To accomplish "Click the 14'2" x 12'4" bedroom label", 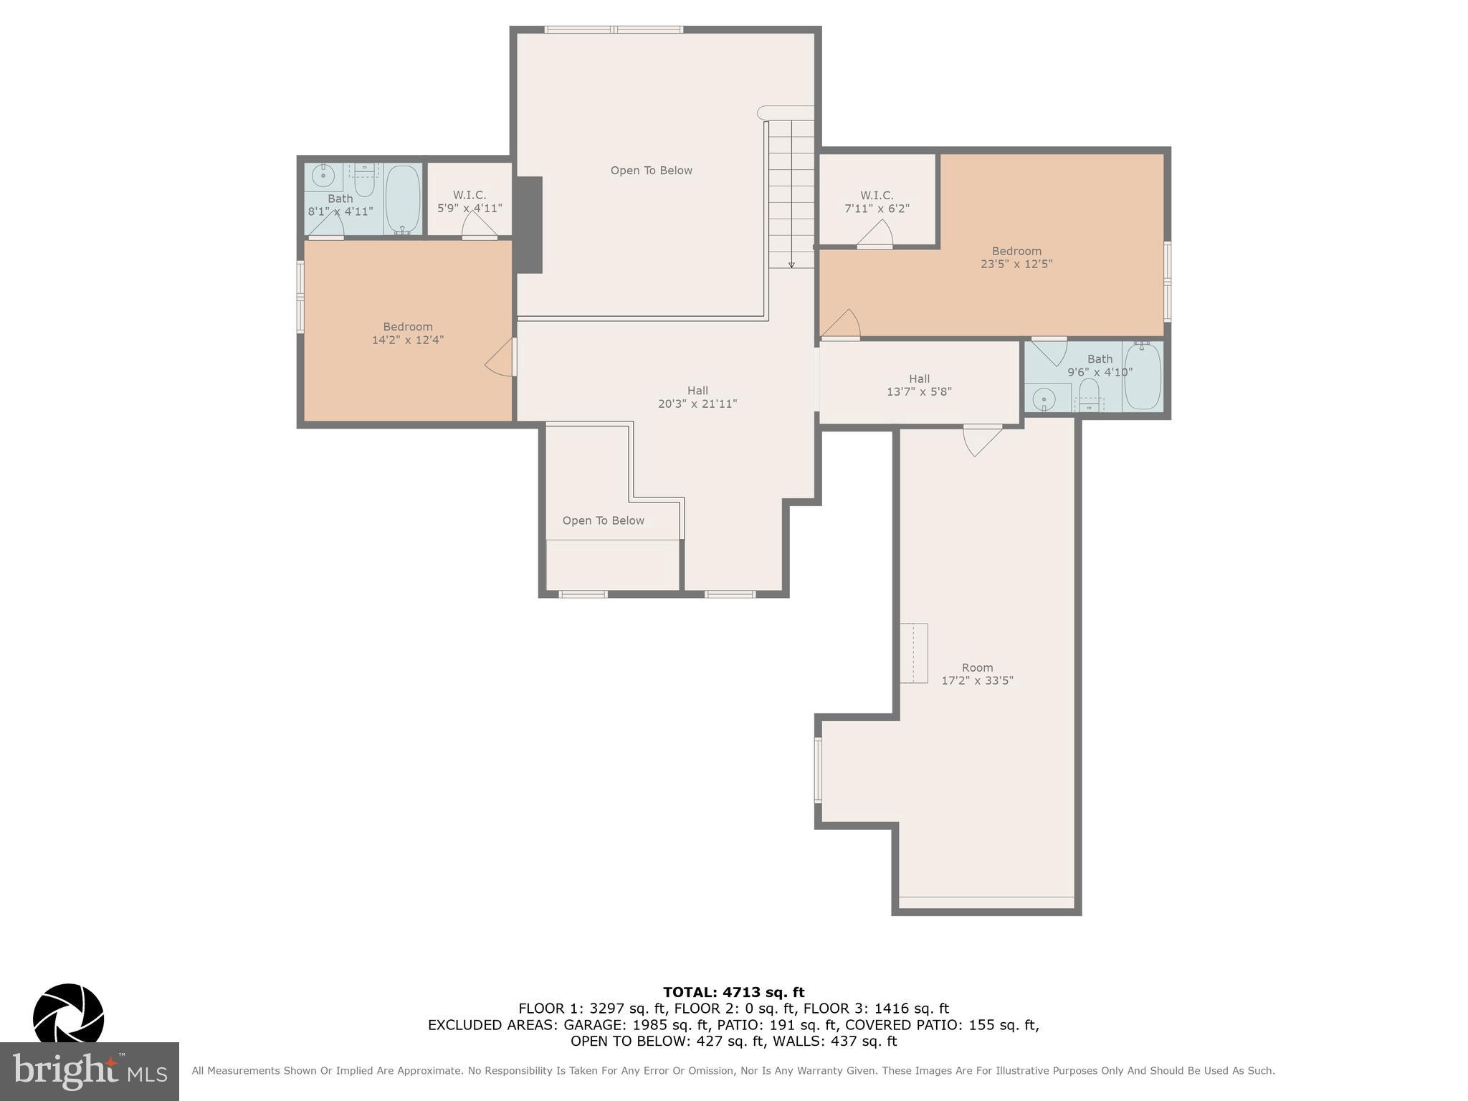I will [x=407, y=333].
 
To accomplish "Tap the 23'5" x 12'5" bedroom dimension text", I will [x=1016, y=264].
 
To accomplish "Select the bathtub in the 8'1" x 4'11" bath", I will [x=402, y=199].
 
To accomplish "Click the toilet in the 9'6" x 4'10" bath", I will [x=1089, y=394].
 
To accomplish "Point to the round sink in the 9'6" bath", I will [x=1044, y=399].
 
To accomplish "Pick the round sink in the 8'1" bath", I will [x=323, y=175].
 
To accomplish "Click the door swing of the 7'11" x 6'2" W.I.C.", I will [x=876, y=234].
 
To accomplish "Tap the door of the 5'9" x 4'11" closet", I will [x=478, y=225].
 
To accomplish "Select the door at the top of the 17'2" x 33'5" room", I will [x=981, y=439].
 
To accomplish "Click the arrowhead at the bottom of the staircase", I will [x=791, y=264].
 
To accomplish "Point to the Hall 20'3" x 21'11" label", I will [x=697, y=397].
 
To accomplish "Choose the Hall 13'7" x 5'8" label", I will [x=919, y=385].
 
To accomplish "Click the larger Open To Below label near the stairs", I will [x=651, y=171].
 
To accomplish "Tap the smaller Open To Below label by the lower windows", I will [x=603, y=520].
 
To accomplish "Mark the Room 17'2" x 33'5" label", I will [x=977, y=674].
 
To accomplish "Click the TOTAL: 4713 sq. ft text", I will [x=733, y=992].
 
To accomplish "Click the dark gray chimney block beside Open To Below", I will [x=528, y=224].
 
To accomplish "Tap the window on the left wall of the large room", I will [x=818, y=770].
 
